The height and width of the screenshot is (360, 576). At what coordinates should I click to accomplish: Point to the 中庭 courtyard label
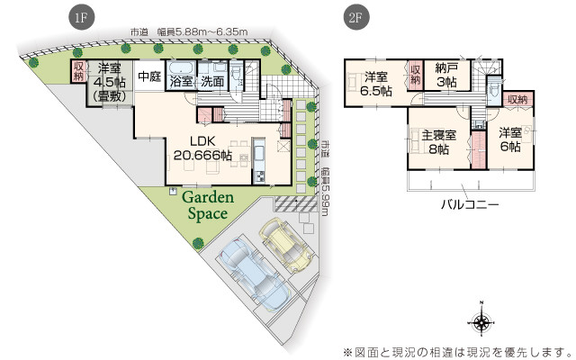point(148,77)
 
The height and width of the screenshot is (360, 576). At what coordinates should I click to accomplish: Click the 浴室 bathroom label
point(182,82)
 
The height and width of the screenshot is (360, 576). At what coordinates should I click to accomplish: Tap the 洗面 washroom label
point(212,82)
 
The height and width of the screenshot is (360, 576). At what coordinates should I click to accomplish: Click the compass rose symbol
point(482,323)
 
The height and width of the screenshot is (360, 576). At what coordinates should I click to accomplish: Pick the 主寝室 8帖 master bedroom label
point(439,142)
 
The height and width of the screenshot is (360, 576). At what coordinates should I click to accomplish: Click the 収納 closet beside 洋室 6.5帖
point(416,74)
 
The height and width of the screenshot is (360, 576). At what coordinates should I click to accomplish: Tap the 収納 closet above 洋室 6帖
point(517,99)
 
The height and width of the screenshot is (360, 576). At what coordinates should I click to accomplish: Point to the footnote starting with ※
point(456,349)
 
